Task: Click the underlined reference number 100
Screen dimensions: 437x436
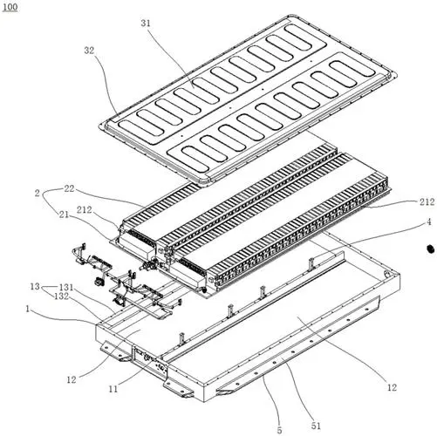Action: pyautogui.click(x=10, y=7)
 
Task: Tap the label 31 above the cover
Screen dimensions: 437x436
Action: pyautogui.click(x=146, y=24)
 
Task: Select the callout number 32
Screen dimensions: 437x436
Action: pyautogui.click(x=89, y=51)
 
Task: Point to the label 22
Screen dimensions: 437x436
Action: pyautogui.click(x=69, y=189)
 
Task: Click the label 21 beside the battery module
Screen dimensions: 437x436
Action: pyautogui.click(x=64, y=215)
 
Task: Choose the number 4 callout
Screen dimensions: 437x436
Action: pyautogui.click(x=429, y=222)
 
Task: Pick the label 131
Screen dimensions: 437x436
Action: pyautogui.click(x=66, y=288)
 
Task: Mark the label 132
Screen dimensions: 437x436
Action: pyautogui.click(x=61, y=296)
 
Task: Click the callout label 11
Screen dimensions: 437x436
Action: pyautogui.click(x=113, y=389)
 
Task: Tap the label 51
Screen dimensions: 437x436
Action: pyautogui.click(x=316, y=426)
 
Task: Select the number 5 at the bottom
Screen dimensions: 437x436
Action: pyautogui.click(x=279, y=431)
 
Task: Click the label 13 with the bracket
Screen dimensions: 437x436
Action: pyautogui.click(x=35, y=286)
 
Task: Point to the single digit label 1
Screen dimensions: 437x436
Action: pyautogui.click(x=28, y=309)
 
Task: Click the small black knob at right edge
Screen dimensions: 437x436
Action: pyautogui.click(x=430, y=249)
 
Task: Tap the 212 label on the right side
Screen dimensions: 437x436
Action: pyautogui.click(x=427, y=202)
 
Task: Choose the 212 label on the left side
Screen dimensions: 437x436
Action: pyautogui.click(x=84, y=210)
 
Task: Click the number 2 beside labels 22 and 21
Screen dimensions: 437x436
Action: pyautogui.click(x=37, y=193)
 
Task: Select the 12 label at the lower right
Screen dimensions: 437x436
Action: pyautogui.click(x=392, y=387)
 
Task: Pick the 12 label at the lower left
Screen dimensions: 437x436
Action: pyautogui.click(x=72, y=379)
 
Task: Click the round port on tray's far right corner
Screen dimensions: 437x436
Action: pyautogui.click(x=386, y=274)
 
